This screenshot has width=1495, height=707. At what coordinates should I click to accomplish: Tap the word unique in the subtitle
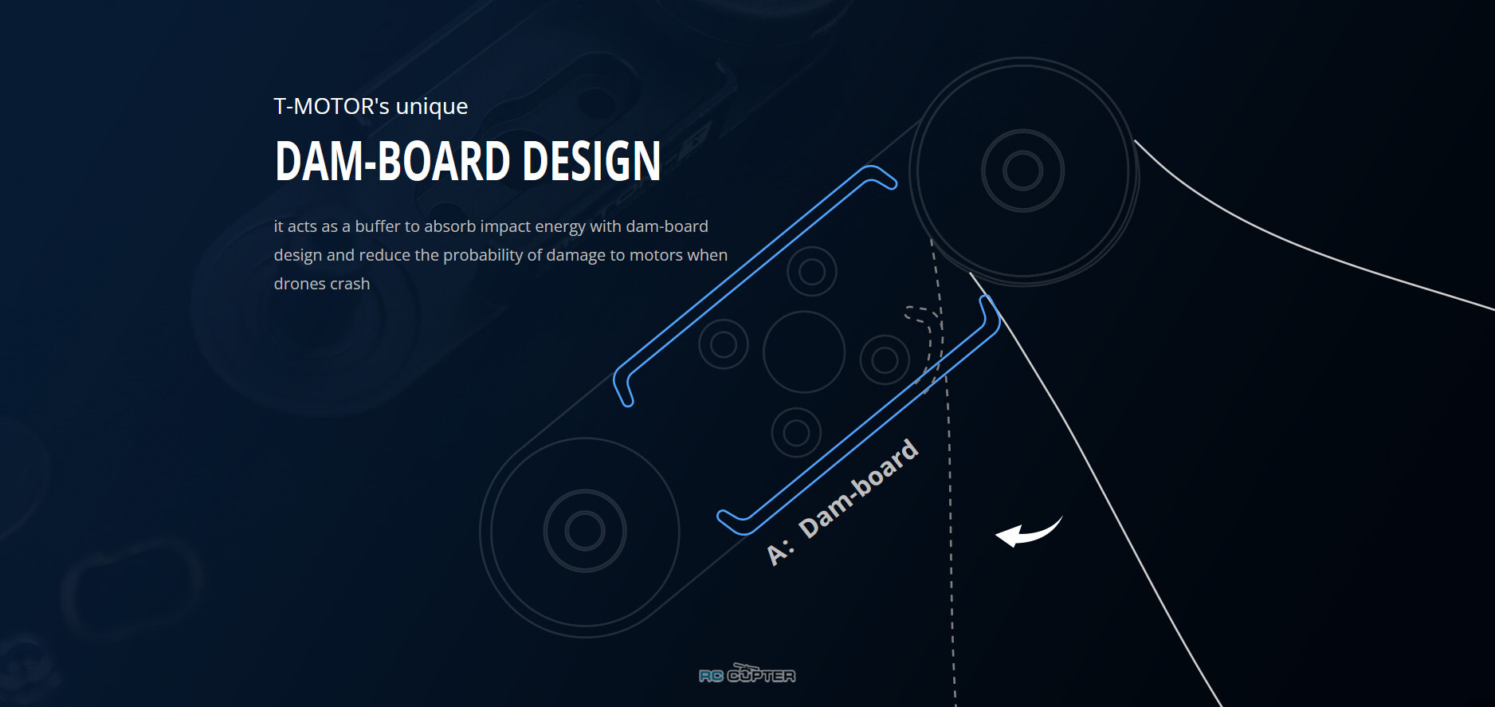432,108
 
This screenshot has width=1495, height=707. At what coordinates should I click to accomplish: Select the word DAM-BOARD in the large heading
392,161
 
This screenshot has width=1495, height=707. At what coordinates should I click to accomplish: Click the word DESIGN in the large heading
591,161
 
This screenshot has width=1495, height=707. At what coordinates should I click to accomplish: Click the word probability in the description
483,255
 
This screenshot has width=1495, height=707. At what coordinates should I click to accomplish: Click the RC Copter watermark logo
747,674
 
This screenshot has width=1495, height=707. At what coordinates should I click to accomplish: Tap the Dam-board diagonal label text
858,488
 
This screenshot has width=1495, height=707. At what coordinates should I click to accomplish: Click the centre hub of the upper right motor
1023,171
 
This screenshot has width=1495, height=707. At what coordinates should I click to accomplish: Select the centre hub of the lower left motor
585,531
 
